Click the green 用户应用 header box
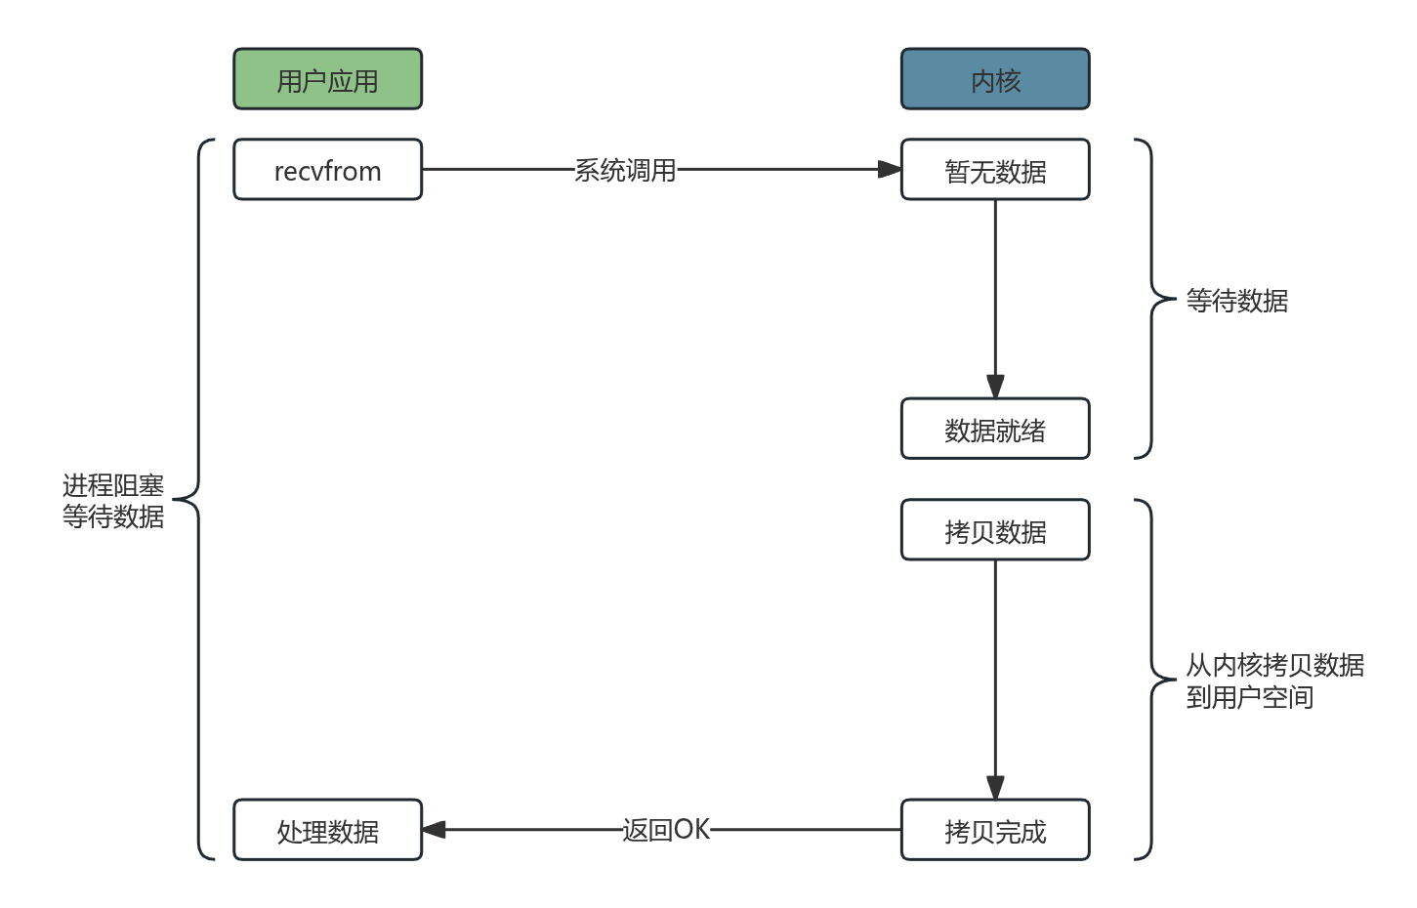coord(327,79)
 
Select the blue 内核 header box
coord(994,79)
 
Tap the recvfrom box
coord(327,170)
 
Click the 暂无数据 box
coord(994,170)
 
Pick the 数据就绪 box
coord(994,429)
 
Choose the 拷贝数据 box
coord(994,530)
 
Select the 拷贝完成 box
coord(994,830)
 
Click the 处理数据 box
coord(327,830)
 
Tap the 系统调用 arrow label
coord(625,170)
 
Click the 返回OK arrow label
coord(666,830)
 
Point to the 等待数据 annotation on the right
coord(1236,300)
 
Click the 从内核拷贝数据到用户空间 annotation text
coord(1273,681)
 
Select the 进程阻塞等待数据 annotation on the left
coord(112,500)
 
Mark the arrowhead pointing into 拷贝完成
coord(994,787)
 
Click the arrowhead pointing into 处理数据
coord(435,830)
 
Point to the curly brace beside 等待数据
coord(1151,298)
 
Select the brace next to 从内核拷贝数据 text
coord(1151,679)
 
